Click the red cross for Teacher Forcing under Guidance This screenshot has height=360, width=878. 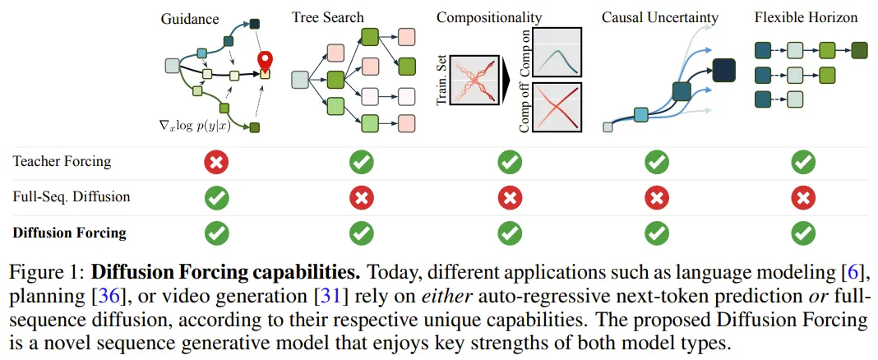[215, 163]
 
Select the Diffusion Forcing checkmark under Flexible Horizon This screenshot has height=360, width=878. [802, 233]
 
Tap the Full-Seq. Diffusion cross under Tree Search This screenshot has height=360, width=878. [361, 198]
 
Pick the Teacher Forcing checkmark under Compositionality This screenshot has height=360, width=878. [509, 163]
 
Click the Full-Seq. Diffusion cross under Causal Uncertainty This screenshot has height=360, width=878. [656, 198]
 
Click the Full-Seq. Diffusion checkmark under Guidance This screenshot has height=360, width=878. [215, 198]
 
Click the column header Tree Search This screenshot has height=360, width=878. [328, 17]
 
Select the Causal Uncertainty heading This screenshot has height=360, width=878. [660, 17]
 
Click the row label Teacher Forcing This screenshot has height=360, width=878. [62, 163]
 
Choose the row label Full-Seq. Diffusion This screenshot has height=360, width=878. [72, 198]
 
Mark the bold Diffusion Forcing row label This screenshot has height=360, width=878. [70, 233]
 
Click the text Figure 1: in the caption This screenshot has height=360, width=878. [47, 271]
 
